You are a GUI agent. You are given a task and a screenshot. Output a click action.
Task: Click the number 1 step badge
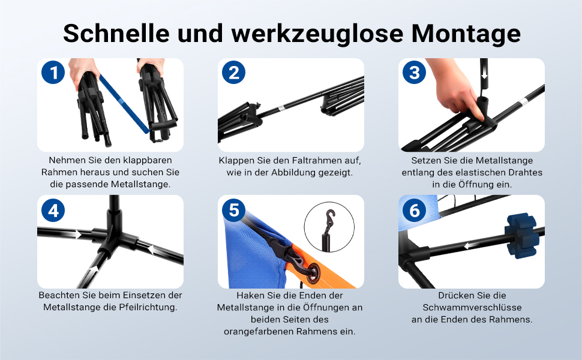coord(53,72)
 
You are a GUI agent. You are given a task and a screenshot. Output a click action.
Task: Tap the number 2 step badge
coord(233,72)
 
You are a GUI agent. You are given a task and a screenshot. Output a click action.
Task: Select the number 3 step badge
coord(414,72)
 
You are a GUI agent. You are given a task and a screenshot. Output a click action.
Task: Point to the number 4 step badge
coord(53,210)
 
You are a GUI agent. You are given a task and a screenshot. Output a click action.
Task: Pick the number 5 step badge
coord(233,210)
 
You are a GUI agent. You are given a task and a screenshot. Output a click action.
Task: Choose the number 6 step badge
coord(414,210)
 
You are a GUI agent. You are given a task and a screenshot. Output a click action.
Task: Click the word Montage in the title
coord(466,34)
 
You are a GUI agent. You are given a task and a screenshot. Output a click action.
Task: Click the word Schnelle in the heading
coord(116,33)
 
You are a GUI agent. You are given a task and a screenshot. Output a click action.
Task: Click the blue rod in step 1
coord(124,104)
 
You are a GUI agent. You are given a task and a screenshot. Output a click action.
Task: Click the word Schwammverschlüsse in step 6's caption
coord(472,308)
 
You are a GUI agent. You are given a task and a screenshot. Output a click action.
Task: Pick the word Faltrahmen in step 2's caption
coord(315,161)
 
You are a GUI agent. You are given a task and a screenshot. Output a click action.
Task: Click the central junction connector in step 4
coord(112,237)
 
